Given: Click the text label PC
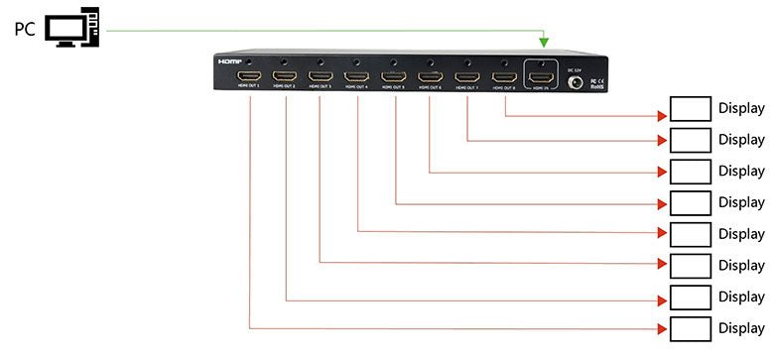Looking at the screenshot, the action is (x=25, y=30).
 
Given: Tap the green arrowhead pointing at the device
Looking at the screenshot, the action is (x=543, y=43).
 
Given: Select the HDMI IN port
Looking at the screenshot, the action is (x=541, y=74).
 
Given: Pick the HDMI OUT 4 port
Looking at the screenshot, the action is (x=357, y=75).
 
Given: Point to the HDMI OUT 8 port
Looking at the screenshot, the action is (x=504, y=75).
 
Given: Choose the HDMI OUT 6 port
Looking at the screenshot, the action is (x=430, y=75).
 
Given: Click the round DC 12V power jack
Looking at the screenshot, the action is (x=573, y=83).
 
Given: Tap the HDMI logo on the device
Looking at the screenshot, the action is (x=229, y=60).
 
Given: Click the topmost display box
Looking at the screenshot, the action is (x=691, y=108).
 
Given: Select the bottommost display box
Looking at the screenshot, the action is (x=691, y=328).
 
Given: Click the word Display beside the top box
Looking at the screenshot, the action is (x=741, y=108).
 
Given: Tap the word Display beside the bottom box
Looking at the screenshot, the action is (x=741, y=328).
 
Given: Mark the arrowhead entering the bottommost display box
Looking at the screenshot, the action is (x=664, y=328).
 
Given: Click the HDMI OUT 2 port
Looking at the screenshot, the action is (x=286, y=75).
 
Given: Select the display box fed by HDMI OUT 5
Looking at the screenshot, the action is (x=691, y=202).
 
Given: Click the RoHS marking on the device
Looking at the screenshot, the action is (x=597, y=87).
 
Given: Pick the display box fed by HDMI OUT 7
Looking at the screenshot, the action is (x=691, y=140).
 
